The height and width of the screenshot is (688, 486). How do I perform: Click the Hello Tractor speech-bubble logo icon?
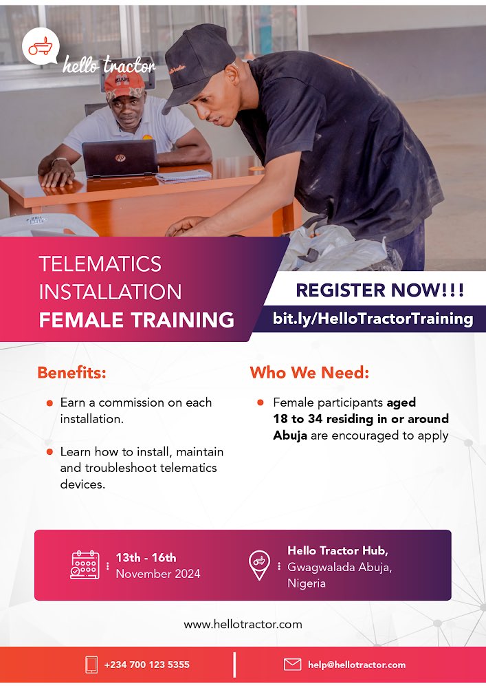click(x=40, y=47)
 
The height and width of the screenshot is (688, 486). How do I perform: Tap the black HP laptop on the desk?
click(x=119, y=159)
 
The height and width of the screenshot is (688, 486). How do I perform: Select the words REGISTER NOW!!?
click(x=380, y=290)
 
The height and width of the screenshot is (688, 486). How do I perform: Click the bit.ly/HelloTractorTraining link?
click(x=373, y=319)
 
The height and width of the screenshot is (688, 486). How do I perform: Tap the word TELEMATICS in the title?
click(x=100, y=264)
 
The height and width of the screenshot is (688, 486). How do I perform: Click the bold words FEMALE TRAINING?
click(x=136, y=320)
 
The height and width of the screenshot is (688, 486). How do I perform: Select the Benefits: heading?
click(x=72, y=373)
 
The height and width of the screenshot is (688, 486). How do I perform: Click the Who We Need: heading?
click(x=309, y=373)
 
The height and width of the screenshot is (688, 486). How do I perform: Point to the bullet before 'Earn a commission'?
click(x=49, y=403)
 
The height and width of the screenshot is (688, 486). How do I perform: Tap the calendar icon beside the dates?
click(x=85, y=565)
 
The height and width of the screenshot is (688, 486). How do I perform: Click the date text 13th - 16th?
click(x=146, y=558)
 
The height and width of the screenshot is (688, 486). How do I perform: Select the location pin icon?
click(x=259, y=565)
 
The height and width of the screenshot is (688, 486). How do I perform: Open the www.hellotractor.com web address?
click(x=243, y=625)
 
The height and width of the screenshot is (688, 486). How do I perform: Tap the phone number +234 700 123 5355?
click(x=147, y=665)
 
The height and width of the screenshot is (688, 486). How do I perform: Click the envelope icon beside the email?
click(x=293, y=665)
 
